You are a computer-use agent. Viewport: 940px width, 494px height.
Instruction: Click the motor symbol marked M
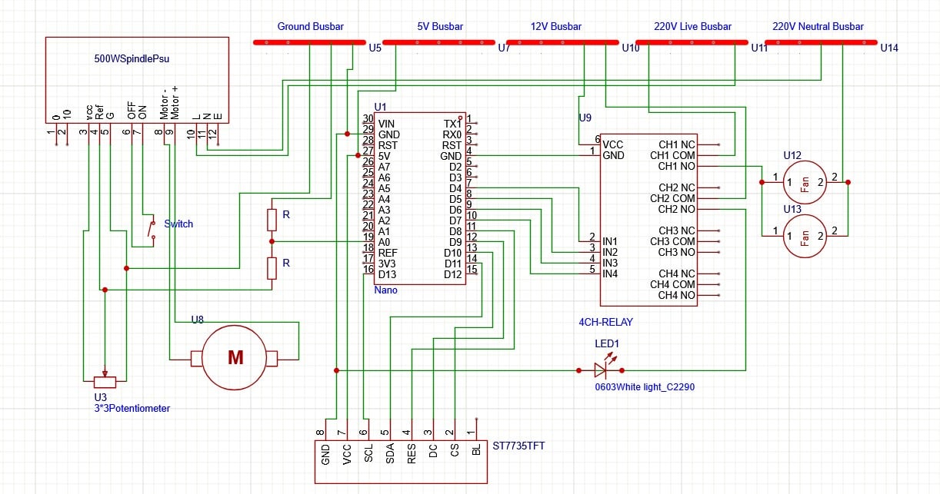(235, 358)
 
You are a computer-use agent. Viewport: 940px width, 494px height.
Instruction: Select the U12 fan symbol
(805, 182)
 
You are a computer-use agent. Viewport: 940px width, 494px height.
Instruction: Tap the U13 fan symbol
(805, 236)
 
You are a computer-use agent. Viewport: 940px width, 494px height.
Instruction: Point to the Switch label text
(178, 224)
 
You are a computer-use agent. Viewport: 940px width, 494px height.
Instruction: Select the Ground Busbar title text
(310, 27)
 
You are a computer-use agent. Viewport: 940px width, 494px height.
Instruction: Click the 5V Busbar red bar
(440, 42)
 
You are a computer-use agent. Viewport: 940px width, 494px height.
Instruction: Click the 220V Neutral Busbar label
(818, 27)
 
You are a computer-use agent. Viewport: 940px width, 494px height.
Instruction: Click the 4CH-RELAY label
(605, 322)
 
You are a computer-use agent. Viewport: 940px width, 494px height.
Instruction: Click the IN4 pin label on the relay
(610, 274)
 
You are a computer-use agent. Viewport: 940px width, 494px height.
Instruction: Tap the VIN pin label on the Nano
(386, 123)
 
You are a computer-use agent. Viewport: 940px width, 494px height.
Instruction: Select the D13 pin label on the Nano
(387, 274)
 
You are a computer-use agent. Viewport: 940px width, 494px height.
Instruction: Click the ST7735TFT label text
(518, 446)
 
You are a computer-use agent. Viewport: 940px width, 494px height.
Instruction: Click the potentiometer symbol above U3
(105, 382)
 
